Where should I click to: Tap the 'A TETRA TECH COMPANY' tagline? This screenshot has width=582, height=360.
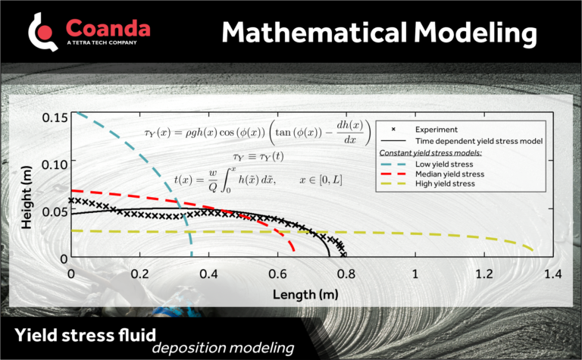(x=102, y=43)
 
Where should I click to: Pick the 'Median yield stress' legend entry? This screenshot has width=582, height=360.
(x=449, y=174)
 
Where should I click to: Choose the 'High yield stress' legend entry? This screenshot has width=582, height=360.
(x=446, y=184)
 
